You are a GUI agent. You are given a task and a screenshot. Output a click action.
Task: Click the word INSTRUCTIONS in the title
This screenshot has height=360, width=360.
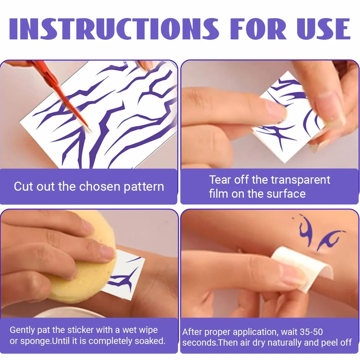pyautogui.click(x=114, y=29)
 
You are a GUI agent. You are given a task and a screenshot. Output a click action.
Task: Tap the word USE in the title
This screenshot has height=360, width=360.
pyautogui.click(x=323, y=29)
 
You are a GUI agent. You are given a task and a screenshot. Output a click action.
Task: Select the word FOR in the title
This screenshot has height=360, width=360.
pyautogui.click(x=258, y=29)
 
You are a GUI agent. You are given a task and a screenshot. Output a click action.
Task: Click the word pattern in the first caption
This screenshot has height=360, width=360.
pyautogui.click(x=144, y=187)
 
